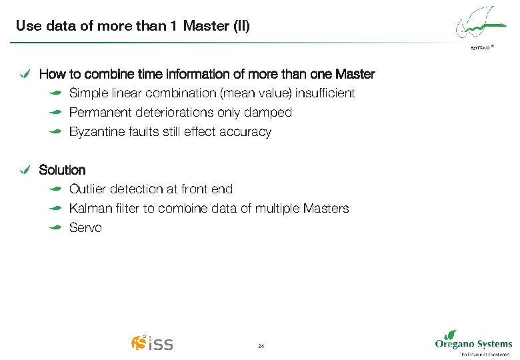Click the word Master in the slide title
(x=207, y=27)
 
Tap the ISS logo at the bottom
(x=152, y=343)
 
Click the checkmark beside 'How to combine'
(x=25, y=74)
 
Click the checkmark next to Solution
(x=25, y=170)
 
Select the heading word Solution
(x=62, y=170)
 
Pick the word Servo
(x=85, y=228)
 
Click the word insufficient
(x=325, y=93)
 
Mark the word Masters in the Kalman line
(x=325, y=209)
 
